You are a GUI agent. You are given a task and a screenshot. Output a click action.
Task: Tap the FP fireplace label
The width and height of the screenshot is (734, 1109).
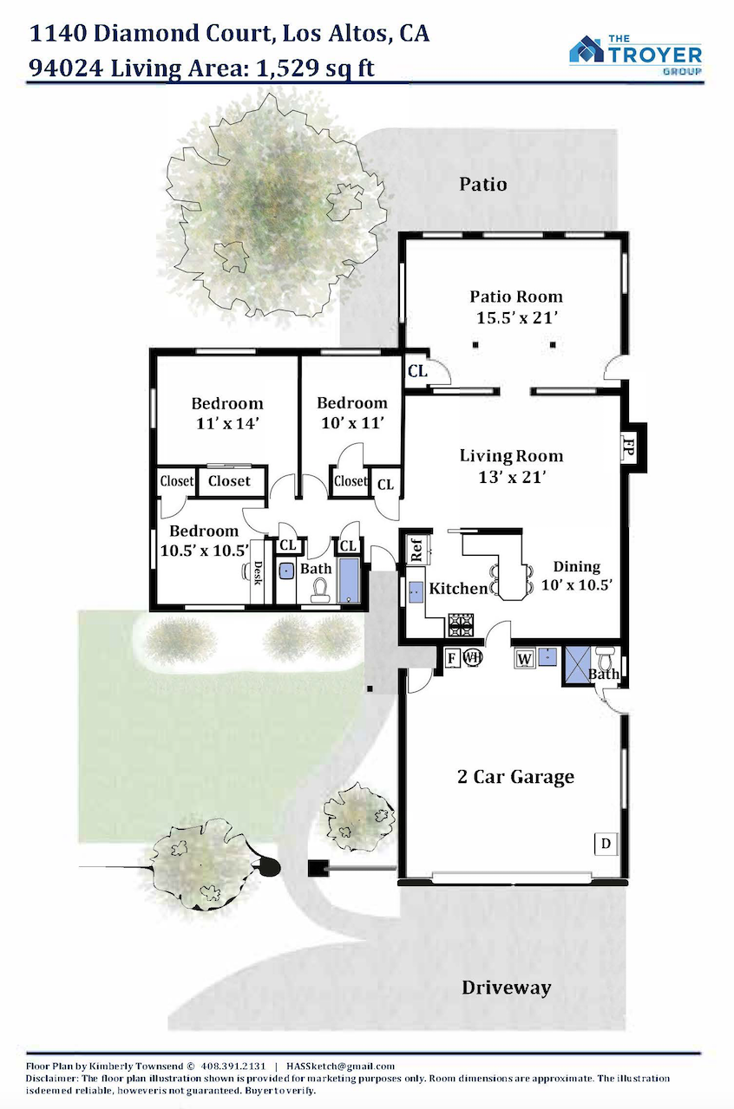628,447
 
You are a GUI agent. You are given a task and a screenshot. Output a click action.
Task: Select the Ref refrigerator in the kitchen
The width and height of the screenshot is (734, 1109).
417,549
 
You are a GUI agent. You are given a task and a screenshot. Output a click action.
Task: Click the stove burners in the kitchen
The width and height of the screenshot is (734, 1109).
461,625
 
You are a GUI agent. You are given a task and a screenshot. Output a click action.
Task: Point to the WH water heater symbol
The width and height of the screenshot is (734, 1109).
472,658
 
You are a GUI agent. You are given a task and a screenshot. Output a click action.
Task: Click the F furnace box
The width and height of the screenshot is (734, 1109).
452,658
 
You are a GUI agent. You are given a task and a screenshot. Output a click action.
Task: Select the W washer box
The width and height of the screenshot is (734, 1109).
524,658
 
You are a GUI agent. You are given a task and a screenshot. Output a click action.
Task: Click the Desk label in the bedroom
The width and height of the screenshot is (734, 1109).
258,571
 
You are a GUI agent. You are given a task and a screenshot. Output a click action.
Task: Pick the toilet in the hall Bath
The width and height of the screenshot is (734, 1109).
321,590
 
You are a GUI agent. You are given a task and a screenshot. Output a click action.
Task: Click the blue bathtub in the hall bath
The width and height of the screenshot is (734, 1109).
349,580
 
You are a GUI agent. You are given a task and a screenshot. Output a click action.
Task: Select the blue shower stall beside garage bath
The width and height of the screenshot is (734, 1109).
578,665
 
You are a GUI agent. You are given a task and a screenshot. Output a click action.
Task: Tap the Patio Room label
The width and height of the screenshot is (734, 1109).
516,297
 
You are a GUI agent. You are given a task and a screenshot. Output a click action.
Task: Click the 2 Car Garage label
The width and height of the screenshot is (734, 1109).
515,776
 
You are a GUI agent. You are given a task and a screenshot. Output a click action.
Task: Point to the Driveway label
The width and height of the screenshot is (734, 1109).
506,987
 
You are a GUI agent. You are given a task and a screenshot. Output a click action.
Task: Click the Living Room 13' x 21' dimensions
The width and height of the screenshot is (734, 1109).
512,477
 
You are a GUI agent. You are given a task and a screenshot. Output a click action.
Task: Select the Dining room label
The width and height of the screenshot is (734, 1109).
576,566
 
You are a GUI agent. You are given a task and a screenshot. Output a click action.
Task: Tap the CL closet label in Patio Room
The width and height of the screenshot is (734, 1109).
417,370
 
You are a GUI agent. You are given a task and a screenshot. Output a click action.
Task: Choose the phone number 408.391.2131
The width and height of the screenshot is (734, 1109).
233,1066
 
